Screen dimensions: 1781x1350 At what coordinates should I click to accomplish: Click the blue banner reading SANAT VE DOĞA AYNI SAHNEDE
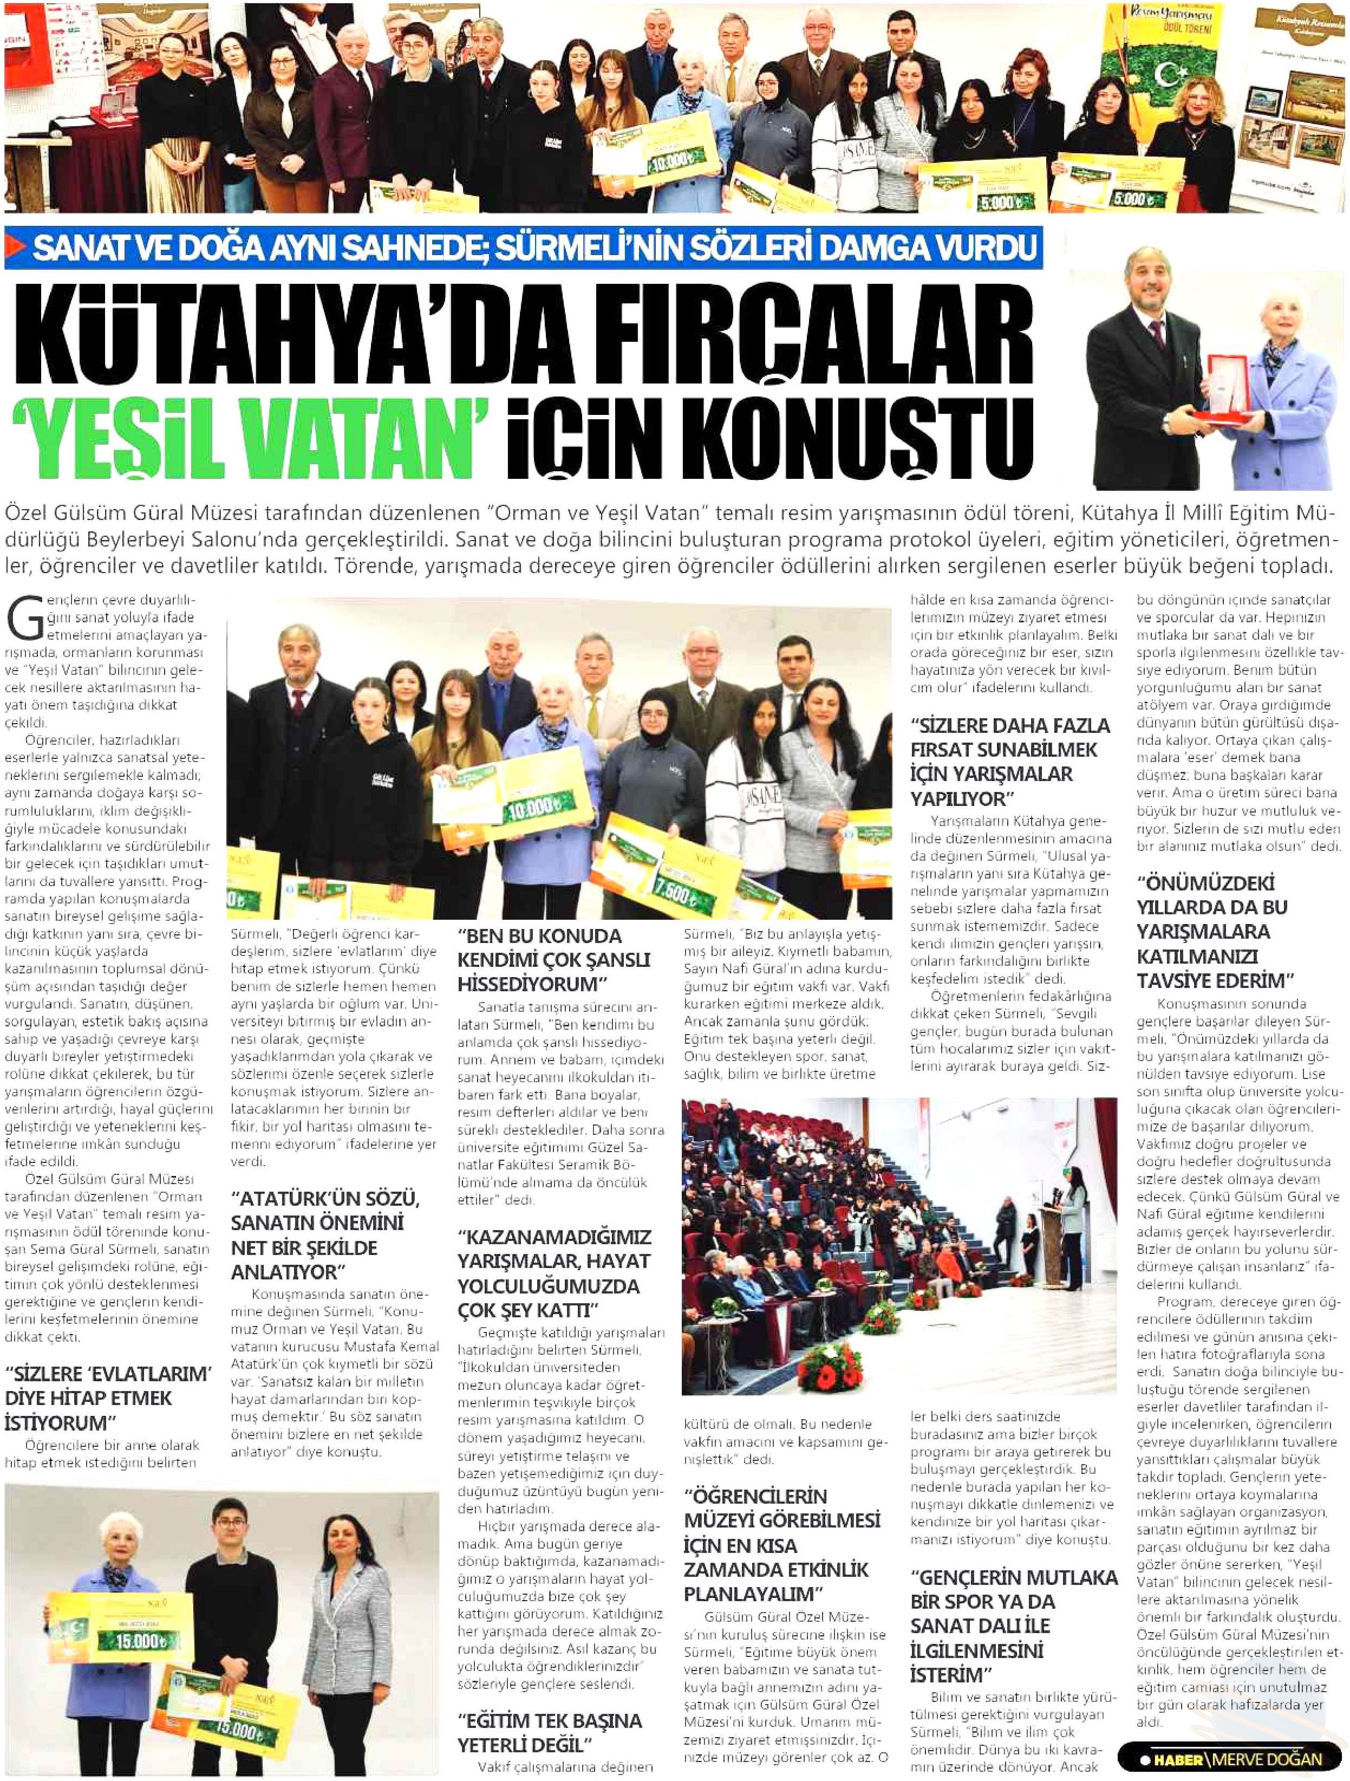pos(523,250)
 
